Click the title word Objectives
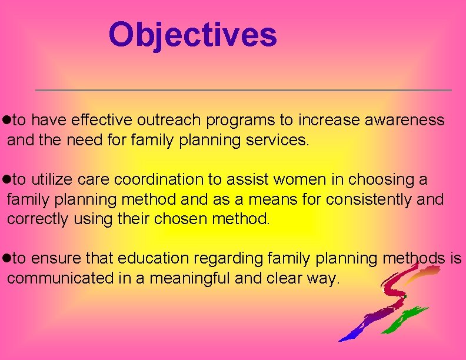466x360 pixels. click(192, 35)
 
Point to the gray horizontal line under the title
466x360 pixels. click(243, 90)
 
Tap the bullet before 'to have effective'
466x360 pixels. click(6, 121)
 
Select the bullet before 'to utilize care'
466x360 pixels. click(6, 179)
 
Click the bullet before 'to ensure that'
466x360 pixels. click(6, 258)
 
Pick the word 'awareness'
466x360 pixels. click(405, 121)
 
